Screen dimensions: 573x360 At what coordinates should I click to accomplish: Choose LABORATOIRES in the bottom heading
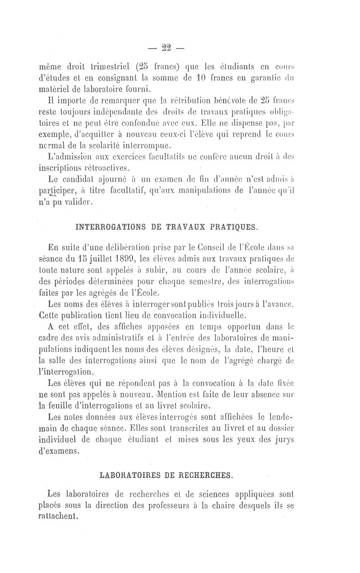127,475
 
